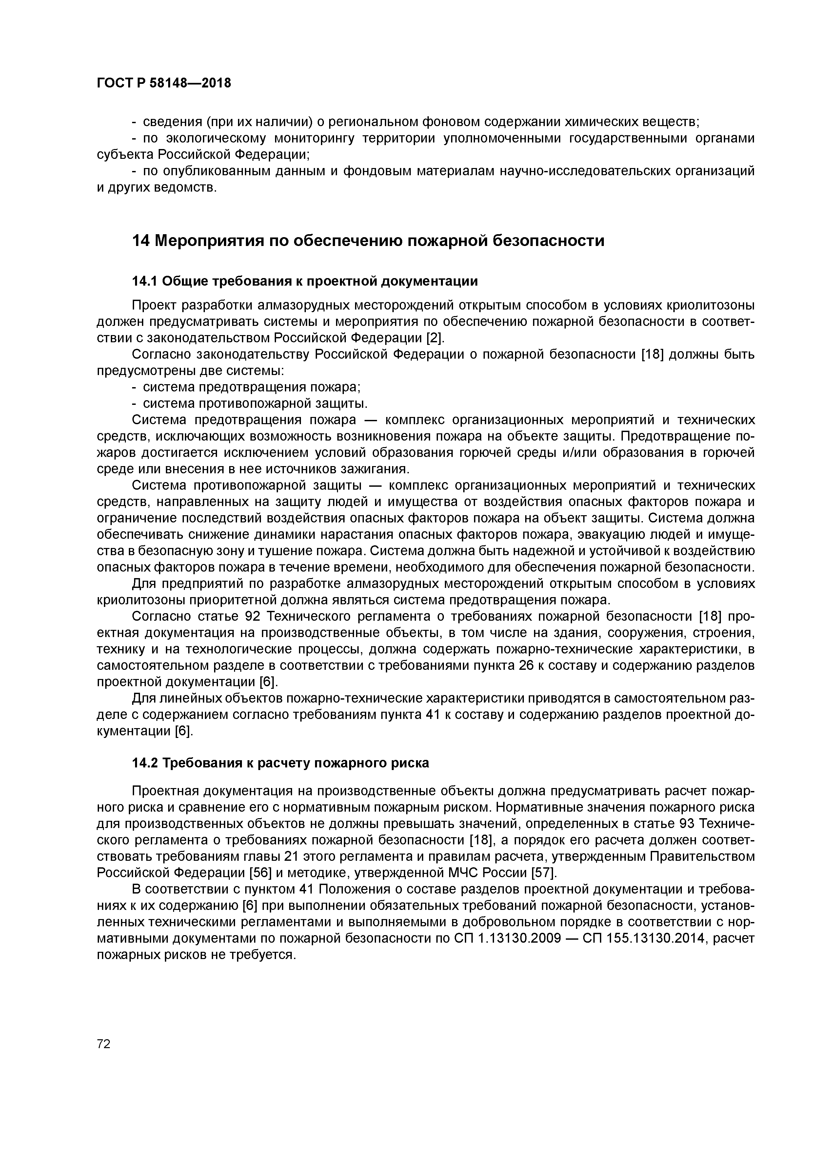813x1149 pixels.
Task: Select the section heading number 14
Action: [141, 241]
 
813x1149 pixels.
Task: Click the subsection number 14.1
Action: [145, 281]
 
